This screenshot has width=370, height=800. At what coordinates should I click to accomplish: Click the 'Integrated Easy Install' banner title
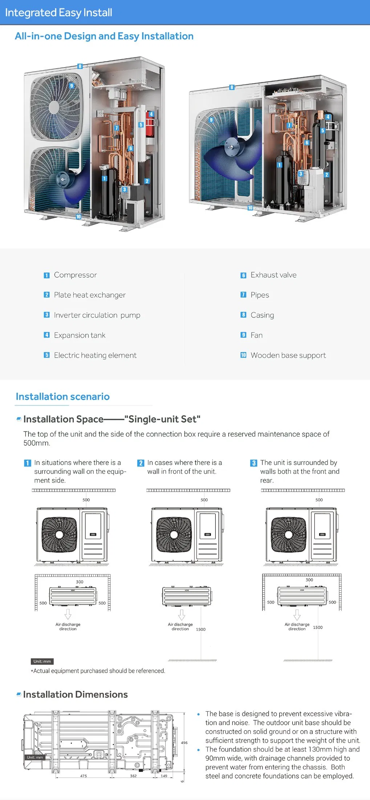58,12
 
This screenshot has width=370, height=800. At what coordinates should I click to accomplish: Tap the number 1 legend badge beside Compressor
46,275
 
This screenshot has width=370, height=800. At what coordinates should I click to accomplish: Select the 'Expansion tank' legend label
80,335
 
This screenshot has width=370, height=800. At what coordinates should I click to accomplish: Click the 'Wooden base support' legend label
288,355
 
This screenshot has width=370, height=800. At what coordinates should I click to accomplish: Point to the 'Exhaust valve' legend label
273,275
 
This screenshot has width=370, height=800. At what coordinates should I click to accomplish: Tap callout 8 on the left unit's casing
80,66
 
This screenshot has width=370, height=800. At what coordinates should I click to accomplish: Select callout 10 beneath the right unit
250,208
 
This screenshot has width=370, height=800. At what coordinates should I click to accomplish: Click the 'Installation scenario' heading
62,396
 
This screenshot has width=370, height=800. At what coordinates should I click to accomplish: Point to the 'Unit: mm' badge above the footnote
42,661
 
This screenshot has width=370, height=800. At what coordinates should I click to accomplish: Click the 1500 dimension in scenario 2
200,629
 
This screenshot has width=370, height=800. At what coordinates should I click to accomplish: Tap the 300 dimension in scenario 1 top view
80,582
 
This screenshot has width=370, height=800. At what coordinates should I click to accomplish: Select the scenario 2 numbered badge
141,463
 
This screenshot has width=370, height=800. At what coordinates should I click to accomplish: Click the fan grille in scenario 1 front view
59,534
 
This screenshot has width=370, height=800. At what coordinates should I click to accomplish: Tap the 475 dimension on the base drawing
84,776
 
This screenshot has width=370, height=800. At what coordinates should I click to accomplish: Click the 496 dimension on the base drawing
184,743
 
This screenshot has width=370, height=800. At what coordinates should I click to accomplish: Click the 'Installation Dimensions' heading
75,694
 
